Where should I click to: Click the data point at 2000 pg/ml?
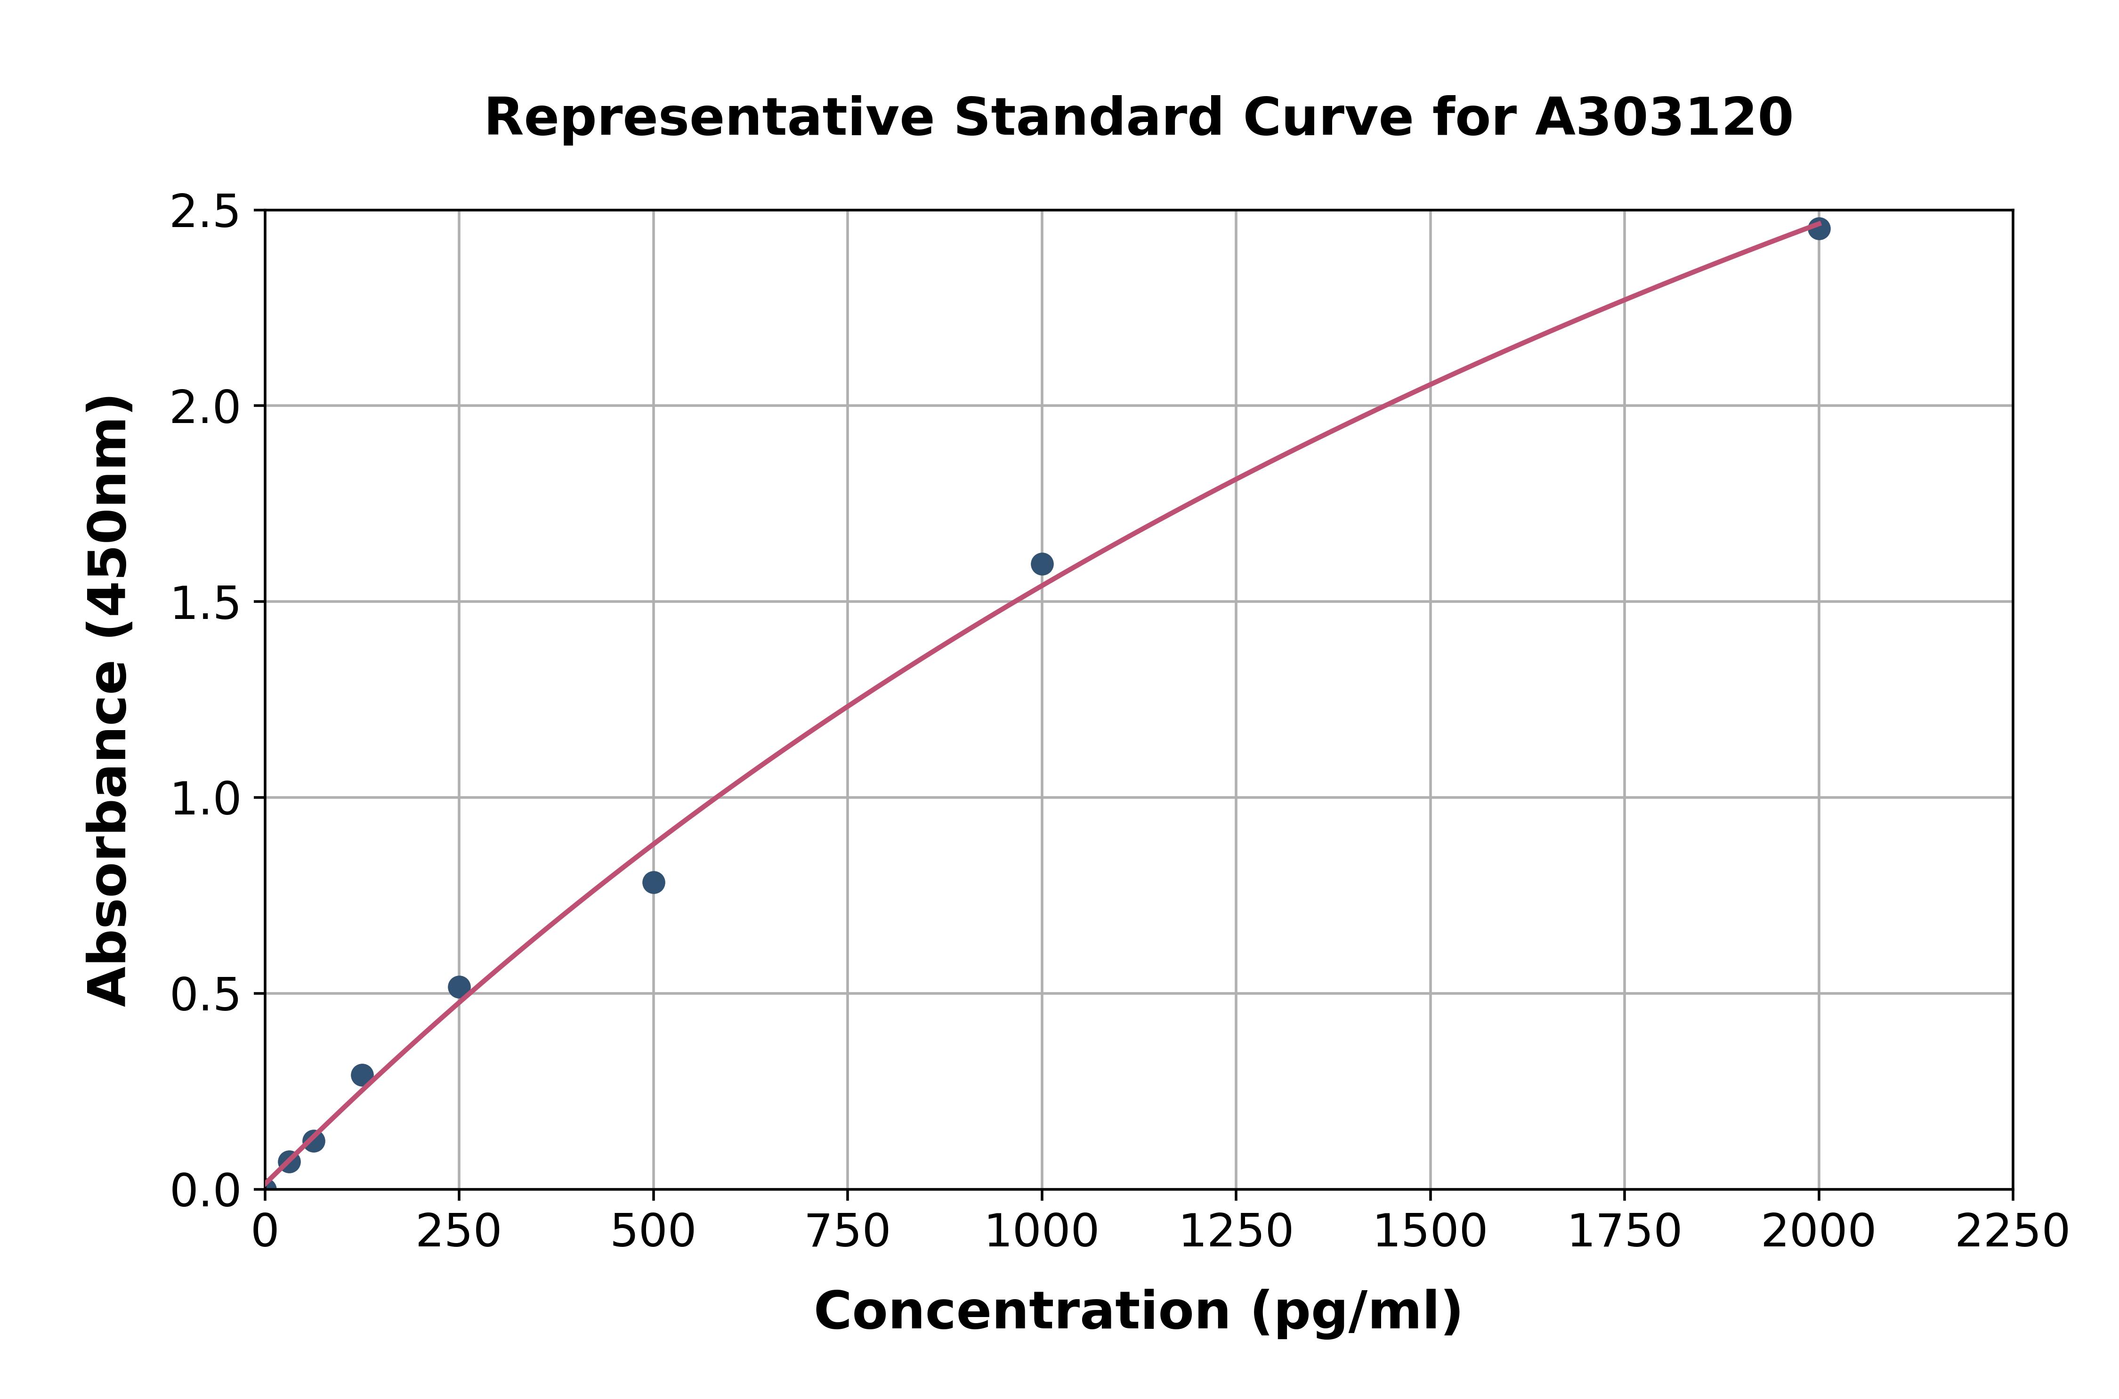click(x=1819, y=228)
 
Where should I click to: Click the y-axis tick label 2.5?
click(x=205, y=212)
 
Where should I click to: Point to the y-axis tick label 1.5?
click(x=205, y=603)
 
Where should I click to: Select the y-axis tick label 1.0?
click(x=205, y=798)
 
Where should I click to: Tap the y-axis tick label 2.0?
click(x=205, y=408)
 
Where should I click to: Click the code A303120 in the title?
click(x=1663, y=118)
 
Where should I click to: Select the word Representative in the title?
click(x=709, y=118)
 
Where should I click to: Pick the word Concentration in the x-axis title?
click(x=1022, y=1311)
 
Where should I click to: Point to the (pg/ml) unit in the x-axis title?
click(x=1356, y=1311)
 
